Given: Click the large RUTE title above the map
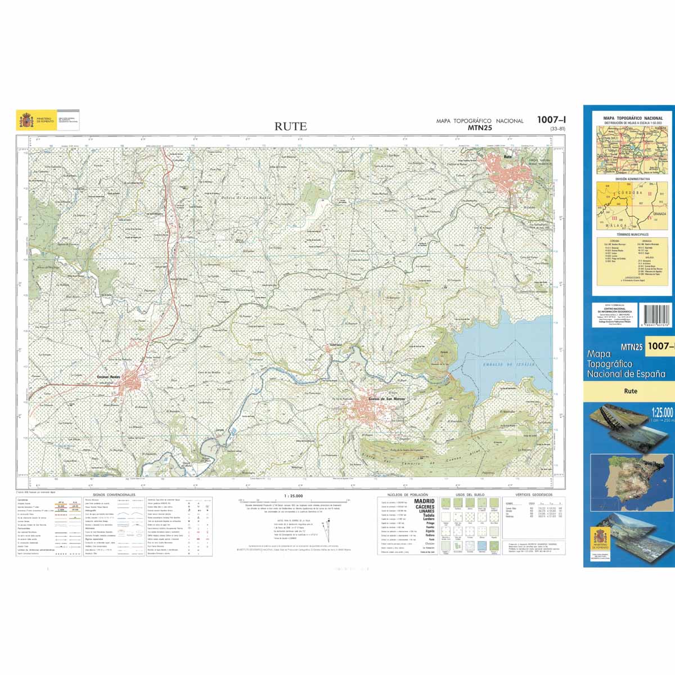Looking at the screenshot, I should pyautogui.click(x=291, y=127).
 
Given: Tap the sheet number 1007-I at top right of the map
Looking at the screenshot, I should pyautogui.click(x=551, y=119).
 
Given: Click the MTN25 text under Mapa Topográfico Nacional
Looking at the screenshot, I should pyautogui.click(x=480, y=128).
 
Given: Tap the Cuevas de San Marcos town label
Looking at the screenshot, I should pyautogui.click(x=386, y=399).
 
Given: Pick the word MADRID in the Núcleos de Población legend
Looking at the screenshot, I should pyautogui.click(x=424, y=501).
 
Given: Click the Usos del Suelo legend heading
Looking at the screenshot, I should pyautogui.click(x=469, y=494).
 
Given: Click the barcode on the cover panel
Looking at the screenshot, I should pyautogui.click(x=656, y=316).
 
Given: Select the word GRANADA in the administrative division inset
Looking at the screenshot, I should pyautogui.click(x=659, y=214).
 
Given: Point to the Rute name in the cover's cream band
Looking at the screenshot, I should pyautogui.click(x=630, y=391).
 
